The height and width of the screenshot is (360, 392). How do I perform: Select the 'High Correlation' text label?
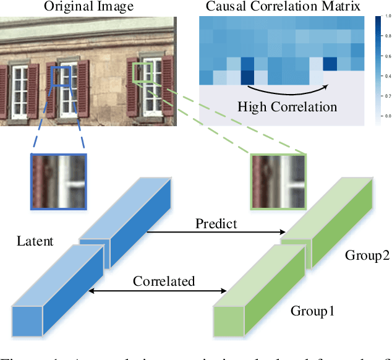click(288, 106)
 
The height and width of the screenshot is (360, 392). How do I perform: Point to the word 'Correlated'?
click(164, 281)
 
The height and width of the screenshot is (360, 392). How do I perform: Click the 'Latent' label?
click(35, 241)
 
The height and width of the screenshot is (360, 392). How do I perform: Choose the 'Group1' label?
click(312, 311)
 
